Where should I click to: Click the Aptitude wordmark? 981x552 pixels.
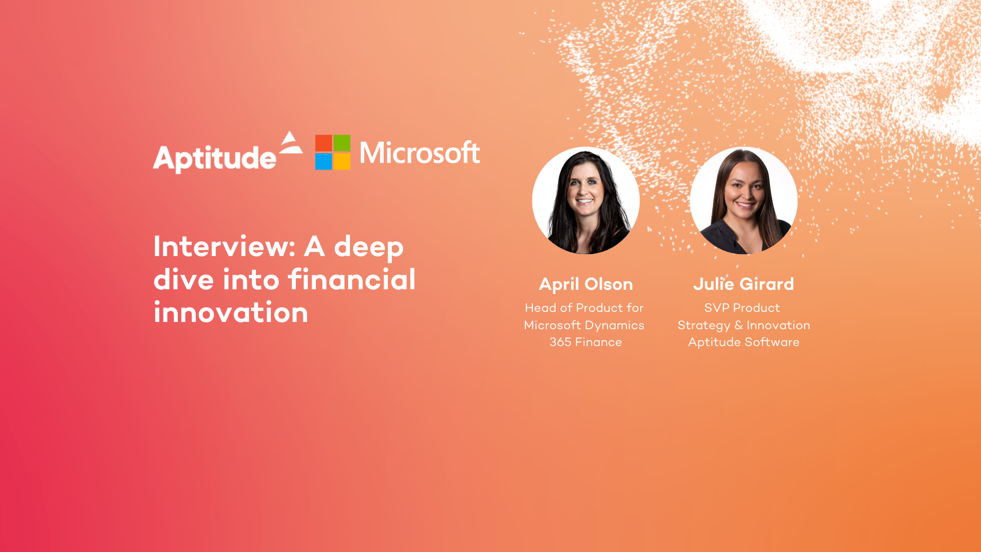[215, 158]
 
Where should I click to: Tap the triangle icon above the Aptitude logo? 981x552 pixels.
[291, 143]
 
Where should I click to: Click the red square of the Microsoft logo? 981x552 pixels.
[323, 143]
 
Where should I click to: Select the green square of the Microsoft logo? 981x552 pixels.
[342, 143]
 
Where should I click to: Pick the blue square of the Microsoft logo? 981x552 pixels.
[323, 162]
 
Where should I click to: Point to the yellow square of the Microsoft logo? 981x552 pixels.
[342, 162]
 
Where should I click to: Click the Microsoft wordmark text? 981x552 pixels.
[419, 153]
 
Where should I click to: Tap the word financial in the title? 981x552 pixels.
[352, 280]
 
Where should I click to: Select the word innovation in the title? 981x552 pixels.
[231, 313]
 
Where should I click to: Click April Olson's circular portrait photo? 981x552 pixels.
[586, 200]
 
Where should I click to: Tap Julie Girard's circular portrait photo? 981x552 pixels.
[743, 200]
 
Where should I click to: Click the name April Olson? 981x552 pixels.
[586, 284]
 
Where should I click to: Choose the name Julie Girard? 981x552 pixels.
[743, 284]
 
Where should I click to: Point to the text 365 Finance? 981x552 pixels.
[586, 342]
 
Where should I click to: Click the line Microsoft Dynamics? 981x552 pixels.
[584, 325]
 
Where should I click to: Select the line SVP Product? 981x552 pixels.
[742, 308]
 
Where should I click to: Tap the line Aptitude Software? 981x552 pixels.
[743, 342]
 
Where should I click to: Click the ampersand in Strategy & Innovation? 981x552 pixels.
[738, 325]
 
